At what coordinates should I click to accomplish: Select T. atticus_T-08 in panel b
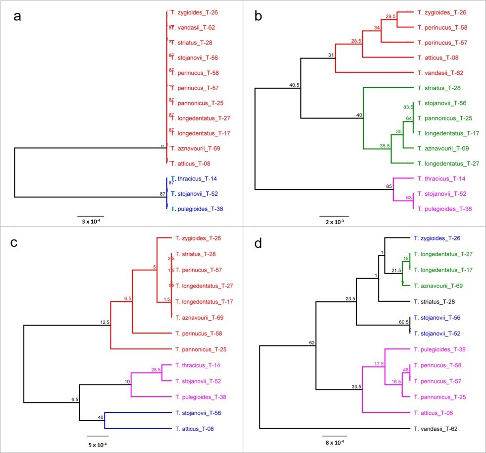tap(438, 57)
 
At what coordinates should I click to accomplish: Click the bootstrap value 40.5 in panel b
tap(296, 85)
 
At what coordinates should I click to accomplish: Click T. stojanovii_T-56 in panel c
tap(201, 412)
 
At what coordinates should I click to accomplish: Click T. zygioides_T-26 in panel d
tap(438, 238)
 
